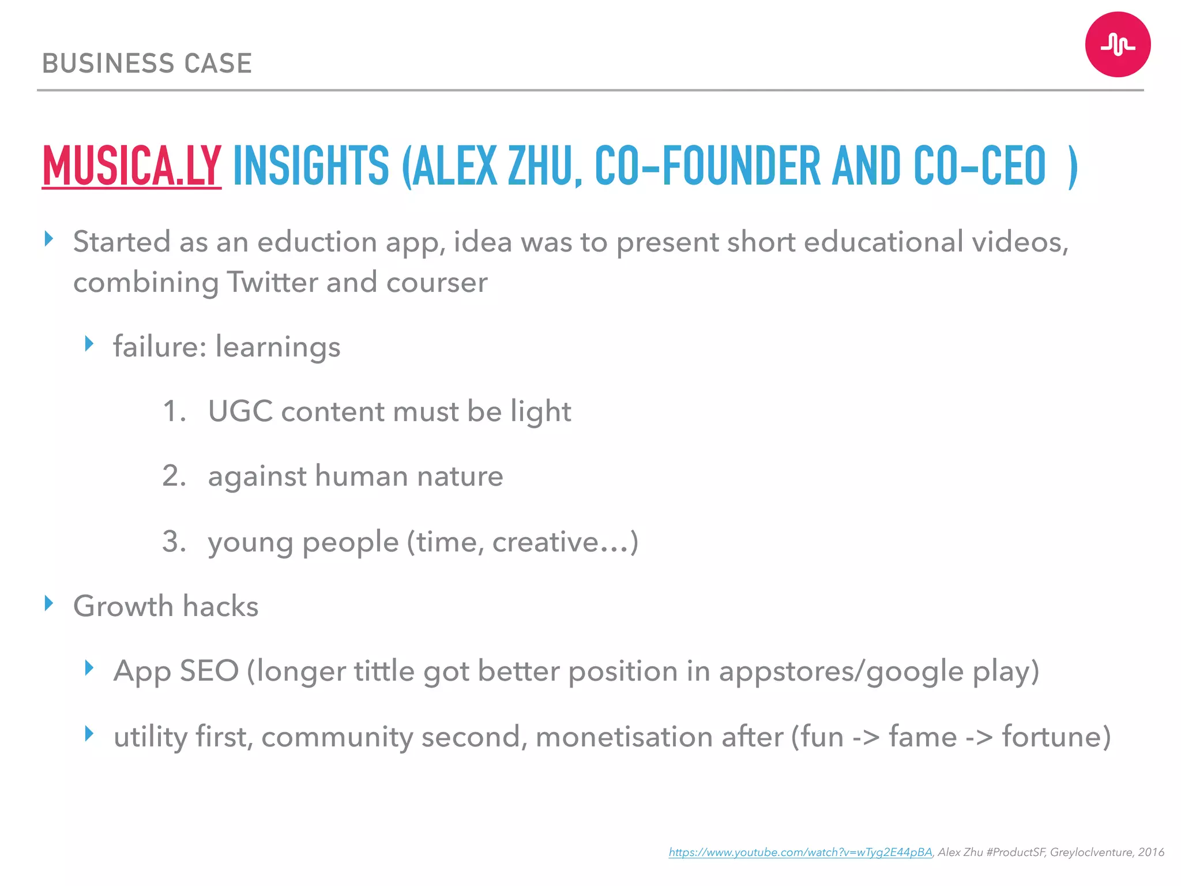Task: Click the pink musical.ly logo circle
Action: (x=1118, y=44)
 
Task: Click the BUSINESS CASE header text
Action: (x=147, y=63)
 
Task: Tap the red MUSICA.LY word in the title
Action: (x=131, y=166)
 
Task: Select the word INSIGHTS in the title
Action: (x=311, y=166)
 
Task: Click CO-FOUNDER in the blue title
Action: (x=707, y=166)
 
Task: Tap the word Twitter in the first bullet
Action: (x=272, y=283)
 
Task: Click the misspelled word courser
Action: (x=437, y=283)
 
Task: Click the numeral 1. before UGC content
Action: (x=174, y=412)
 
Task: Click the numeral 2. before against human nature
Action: (x=174, y=476)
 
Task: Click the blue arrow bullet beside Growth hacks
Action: (x=49, y=603)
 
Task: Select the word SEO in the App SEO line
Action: (x=209, y=671)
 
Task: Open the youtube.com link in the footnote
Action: (x=800, y=853)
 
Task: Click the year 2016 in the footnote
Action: (x=1151, y=853)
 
